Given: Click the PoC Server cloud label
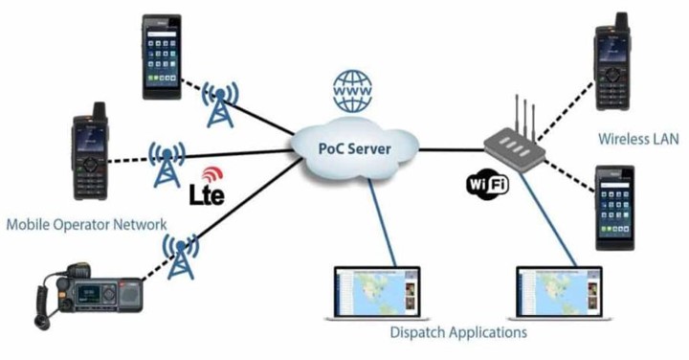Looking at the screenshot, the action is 354,148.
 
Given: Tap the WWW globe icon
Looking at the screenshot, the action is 352,91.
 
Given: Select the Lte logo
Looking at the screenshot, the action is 207,187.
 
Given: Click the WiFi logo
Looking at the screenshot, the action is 487,184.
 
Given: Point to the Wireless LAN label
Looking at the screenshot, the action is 638,139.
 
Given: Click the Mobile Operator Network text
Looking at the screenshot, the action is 86,225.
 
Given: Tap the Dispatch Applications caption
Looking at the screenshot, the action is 458,332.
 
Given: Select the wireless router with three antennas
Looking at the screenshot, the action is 515,141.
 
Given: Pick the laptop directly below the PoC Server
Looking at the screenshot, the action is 377,293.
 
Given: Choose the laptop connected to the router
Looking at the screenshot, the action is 560,293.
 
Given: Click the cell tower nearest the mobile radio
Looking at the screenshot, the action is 181,257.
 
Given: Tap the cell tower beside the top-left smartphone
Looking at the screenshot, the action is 220,104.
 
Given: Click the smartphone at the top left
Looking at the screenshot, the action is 162,56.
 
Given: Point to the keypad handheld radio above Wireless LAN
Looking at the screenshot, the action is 612,61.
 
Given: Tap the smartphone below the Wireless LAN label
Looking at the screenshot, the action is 614,208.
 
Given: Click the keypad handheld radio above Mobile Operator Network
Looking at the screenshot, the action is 90,151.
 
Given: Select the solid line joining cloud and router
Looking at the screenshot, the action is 452,150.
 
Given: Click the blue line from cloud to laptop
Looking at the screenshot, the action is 382,222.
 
